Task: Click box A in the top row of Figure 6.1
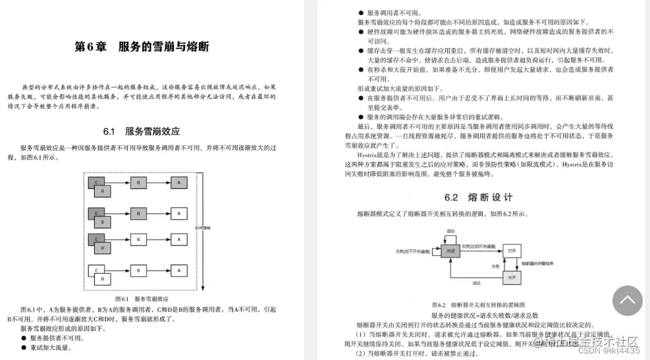[178, 182]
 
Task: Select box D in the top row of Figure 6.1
[103, 190]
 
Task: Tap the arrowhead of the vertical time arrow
[205, 286]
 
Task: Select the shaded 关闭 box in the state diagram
[450, 251]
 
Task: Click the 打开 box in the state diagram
[512, 251]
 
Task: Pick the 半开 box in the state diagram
[512, 276]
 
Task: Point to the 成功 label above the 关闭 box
[450, 232]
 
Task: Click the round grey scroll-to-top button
[627, 301]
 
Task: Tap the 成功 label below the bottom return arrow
[475, 283]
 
